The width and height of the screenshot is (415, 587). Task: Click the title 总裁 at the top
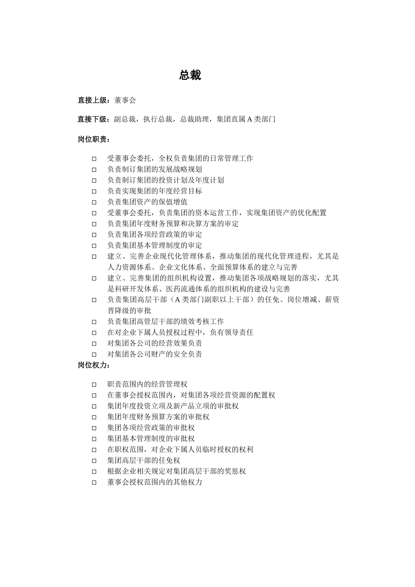[190, 75]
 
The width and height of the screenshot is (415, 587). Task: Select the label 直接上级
[92, 100]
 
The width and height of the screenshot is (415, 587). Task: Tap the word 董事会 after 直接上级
[125, 100]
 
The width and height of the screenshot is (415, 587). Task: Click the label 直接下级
[92, 119]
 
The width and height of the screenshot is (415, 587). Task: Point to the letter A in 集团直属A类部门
[250, 119]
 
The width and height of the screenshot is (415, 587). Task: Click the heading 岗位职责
[92, 139]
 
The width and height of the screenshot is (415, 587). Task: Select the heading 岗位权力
[92, 365]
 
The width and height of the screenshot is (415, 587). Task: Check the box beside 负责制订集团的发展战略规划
[94, 169]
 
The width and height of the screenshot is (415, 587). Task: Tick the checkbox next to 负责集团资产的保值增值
[94, 202]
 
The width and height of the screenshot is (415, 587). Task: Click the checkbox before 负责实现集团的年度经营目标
[94, 191]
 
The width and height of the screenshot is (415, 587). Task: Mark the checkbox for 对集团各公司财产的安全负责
[94, 354]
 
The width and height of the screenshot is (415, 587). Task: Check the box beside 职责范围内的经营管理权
[94, 384]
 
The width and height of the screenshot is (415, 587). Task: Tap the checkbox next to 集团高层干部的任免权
[94, 460]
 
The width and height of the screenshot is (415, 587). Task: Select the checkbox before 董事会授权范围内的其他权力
[94, 482]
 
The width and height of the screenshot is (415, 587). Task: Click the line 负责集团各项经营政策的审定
[155, 235]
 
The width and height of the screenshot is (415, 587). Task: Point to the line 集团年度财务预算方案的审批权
[158, 417]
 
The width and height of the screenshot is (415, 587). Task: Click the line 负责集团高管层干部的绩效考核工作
[166, 321]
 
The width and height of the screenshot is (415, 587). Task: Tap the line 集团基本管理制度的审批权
[151, 439]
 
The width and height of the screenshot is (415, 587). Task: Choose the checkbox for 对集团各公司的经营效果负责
[94, 343]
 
